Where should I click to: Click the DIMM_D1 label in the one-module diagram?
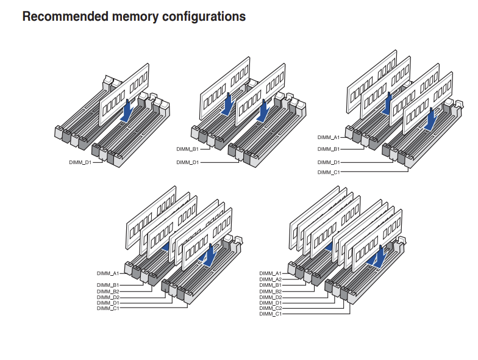pos(80,163)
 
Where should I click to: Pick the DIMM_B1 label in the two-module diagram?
pos(187,149)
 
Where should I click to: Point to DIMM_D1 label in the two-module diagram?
pos(187,162)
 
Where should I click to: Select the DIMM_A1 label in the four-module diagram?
pos(328,138)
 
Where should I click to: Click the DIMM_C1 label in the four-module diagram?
pos(328,173)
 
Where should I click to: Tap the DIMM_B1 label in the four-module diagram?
pos(328,149)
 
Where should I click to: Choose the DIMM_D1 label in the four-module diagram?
pos(328,162)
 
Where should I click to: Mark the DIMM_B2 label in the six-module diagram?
pos(108,291)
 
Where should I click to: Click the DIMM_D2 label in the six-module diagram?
pos(108,297)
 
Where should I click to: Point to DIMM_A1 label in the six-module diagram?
pos(108,273)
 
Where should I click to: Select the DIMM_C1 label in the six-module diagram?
pos(108,309)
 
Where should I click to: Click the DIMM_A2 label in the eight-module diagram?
pos(270,279)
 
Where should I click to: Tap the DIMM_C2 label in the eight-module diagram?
pos(270,309)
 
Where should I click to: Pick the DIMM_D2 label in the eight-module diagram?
pos(270,297)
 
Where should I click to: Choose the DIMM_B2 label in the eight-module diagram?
pos(270,291)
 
